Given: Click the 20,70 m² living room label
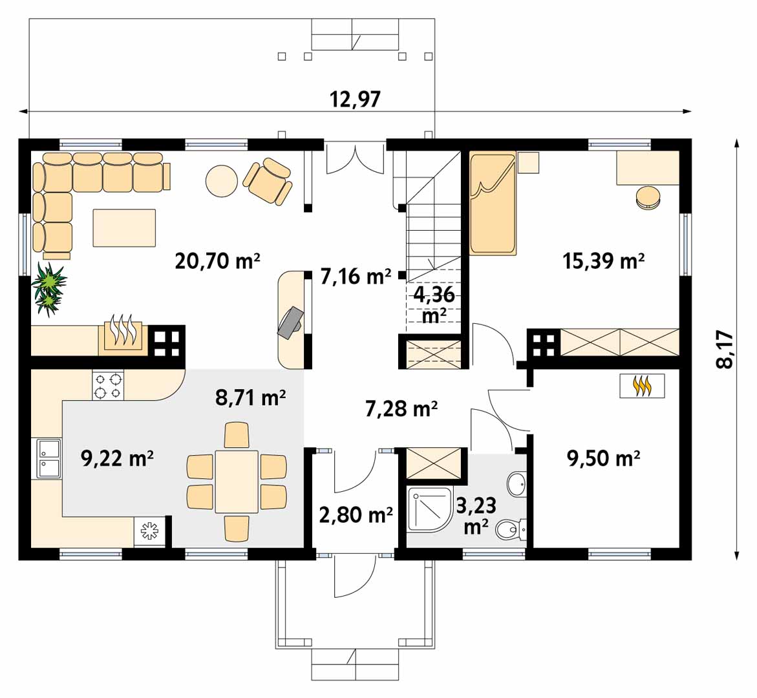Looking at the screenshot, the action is pyautogui.click(x=217, y=261).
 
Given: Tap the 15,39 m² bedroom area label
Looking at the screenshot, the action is pyautogui.click(x=604, y=261).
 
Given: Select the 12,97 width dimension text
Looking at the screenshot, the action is pyautogui.click(x=355, y=100).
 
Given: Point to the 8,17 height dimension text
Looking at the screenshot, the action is pyautogui.click(x=725, y=350).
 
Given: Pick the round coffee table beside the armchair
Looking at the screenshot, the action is pyautogui.click(x=222, y=181).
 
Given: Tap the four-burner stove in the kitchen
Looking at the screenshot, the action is pyautogui.click(x=108, y=386).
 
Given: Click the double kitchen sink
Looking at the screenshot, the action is pyautogui.click(x=47, y=459).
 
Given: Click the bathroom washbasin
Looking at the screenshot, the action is pyautogui.click(x=517, y=483).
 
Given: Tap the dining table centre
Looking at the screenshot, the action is pyautogui.click(x=237, y=481).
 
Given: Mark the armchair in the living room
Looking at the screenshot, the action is pyautogui.click(x=268, y=180).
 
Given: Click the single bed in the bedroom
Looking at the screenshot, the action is pyautogui.click(x=493, y=204).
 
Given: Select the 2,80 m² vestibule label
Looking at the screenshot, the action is pyautogui.click(x=356, y=515).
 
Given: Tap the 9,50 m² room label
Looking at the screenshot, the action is pyautogui.click(x=604, y=458).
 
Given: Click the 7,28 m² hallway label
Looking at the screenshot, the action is pyautogui.click(x=401, y=409).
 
